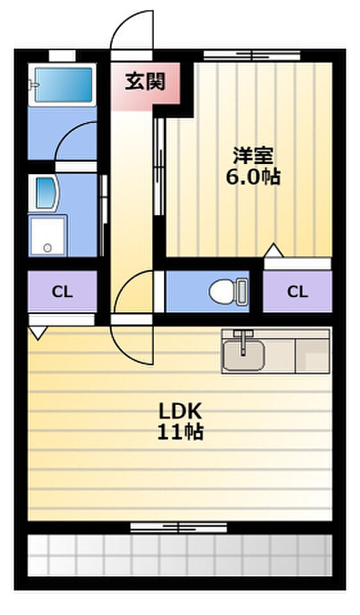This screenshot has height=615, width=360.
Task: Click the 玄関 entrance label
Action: (x=145, y=82)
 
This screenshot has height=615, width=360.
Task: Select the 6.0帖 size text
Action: (x=253, y=177)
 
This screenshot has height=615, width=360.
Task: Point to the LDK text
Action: (x=181, y=411)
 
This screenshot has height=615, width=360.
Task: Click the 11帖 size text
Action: (x=181, y=432)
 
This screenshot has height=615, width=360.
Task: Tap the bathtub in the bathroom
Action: (x=63, y=85)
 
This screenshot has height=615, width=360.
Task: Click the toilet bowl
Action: (x=224, y=291)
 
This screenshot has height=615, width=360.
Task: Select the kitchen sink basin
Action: (x=243, y=356)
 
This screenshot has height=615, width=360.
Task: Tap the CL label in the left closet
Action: (x=62, y=292)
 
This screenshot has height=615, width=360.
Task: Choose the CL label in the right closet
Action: (x=297, y=292)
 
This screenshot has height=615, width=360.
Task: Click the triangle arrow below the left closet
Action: (x=38, y=332)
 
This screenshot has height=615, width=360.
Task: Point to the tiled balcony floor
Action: (x=180, y=555)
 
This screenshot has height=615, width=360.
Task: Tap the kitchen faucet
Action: (x=243, y=342)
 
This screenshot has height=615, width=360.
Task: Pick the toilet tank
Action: (x=243, y=291)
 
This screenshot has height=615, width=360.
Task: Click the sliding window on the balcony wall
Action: (x=179, y=527)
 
